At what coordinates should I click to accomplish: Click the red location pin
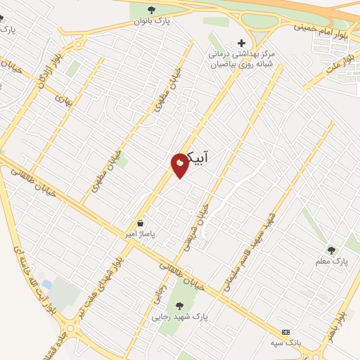pyautogui.click(x=180, y=165)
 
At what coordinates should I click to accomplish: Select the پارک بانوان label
pyautogui.click(x=153, y=21)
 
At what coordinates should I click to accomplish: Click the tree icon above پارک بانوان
pyautogui.click(x=152, y=9)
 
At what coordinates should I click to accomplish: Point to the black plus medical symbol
pyautogui.click(x=242, y=42)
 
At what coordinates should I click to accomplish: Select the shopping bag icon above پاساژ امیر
pyautogui.click(x=141, y=223)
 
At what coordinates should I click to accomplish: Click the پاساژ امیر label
pyautogui.click(x=141, y=233)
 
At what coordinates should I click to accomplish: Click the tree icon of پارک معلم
pyautogui.click(x=331, y=249)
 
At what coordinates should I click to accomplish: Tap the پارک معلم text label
pyautogui.click(x=331, y=262)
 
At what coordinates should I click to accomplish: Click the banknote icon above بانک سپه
pyautogui.click(x=285, y=331)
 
